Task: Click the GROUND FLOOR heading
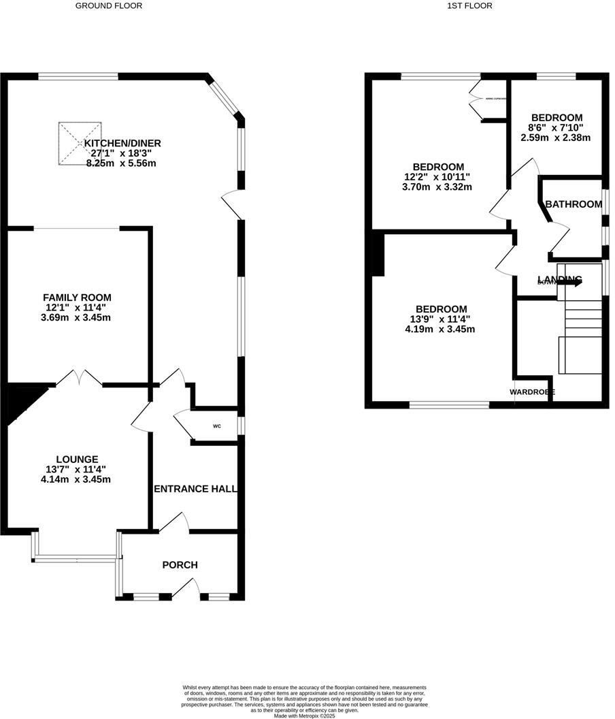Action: (109, 5)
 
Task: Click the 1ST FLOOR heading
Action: (469, 5)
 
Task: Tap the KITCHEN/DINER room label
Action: (122, 143)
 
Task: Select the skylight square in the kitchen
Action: (80, 144)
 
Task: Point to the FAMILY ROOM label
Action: (77, 298)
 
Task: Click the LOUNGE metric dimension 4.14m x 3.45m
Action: (76, 479)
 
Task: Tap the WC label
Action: (217, 427)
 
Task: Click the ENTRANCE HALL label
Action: (195, 489)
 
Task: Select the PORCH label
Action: (180, 564)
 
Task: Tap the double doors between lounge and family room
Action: (80, 377)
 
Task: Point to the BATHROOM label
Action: (574, 204)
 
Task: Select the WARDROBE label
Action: (532, 392)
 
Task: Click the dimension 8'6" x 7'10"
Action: (557, 127)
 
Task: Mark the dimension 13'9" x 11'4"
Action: (441, 319)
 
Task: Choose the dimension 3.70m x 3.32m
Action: (439, 187)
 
